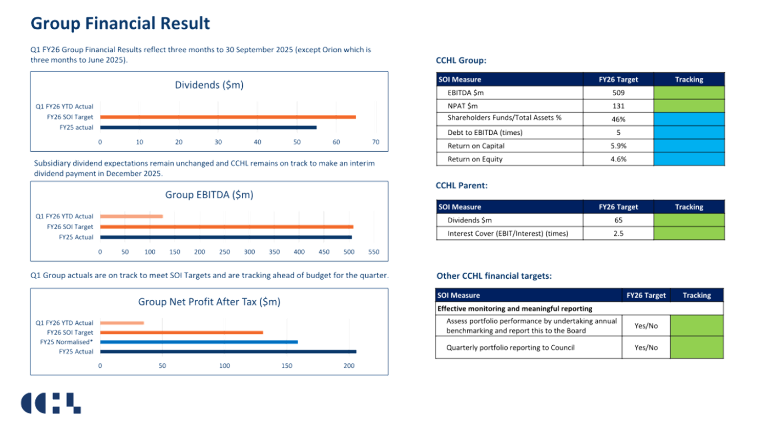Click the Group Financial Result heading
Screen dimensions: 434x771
pos(120,24)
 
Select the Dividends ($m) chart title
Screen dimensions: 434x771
pos(209,85)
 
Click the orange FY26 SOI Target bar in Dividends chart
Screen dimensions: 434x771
pos(228,117)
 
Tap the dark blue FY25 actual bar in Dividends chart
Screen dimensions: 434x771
pos(208,128)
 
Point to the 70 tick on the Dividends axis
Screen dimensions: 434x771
pos(376,142)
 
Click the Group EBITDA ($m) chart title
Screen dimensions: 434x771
pos(209,195)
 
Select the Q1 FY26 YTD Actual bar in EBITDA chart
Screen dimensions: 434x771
pos(132,216)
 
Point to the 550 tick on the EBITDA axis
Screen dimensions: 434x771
pos(373,252)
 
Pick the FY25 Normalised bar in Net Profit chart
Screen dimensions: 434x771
pos(199,342)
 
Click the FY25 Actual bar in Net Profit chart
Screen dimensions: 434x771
pos(228,352)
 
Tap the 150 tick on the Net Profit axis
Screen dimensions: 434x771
pos(286,366)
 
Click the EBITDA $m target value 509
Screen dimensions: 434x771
pos(618,93)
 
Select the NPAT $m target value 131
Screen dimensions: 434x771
pos(618,106)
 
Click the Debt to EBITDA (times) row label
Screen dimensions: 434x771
pos(485,133)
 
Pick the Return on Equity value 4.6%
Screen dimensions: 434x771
pos(618,159)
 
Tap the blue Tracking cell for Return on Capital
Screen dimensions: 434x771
pos(689,146)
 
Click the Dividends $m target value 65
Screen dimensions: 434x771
pos(618,220)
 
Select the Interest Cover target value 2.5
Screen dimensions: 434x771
pos(618,234)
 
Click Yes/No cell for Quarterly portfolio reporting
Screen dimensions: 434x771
pos(645,347)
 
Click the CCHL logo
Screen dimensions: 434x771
pos(50,403)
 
